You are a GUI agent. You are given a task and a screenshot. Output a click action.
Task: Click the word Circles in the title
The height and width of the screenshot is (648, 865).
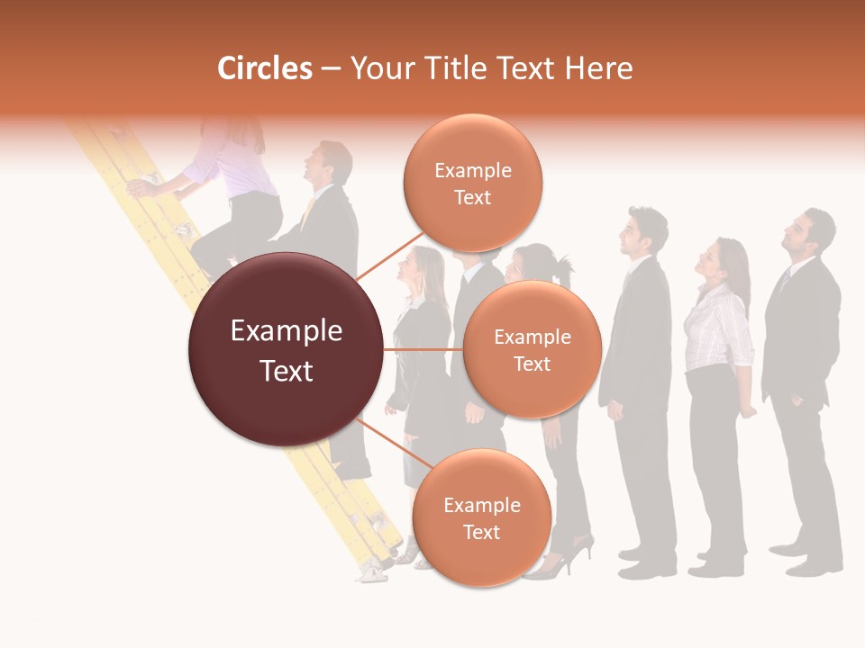(x=264, y=68)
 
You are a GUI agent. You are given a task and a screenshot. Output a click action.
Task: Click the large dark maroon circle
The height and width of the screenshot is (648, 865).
(x=287, y=350)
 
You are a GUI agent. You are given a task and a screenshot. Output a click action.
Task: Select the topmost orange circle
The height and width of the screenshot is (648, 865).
(x=472, y=183)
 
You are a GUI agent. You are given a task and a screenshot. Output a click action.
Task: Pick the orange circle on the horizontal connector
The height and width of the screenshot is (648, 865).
(x=532, y=349)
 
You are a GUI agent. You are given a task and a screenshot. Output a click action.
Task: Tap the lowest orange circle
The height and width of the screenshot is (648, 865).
(x=481, y=517)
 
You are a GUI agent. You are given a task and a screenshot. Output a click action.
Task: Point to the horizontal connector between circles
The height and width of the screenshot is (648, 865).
(x=423, y=349)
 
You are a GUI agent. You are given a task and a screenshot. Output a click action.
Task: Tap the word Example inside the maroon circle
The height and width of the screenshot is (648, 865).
(x=287, y=331)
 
